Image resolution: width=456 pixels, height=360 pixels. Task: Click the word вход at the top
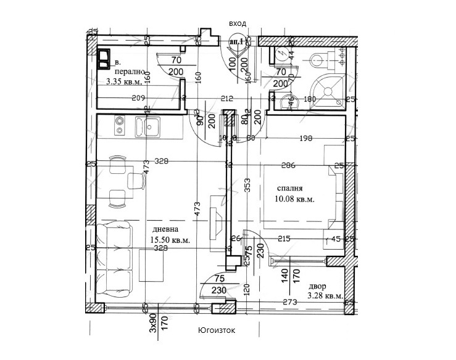pyautogui.click(x=237, y=23)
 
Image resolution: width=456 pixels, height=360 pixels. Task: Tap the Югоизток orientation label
pyautogui.click(x=217, y=330)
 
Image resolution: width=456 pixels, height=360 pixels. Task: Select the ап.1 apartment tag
pyautogui.click(x=236, y=41)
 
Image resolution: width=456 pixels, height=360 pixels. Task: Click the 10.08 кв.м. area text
pyautogui.click(x=295, y=199)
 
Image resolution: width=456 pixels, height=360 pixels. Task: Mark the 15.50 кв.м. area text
pyautogui.click(x=170, y=240)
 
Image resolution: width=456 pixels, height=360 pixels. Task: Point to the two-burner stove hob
pyautogui.click(x=120, y=127)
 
